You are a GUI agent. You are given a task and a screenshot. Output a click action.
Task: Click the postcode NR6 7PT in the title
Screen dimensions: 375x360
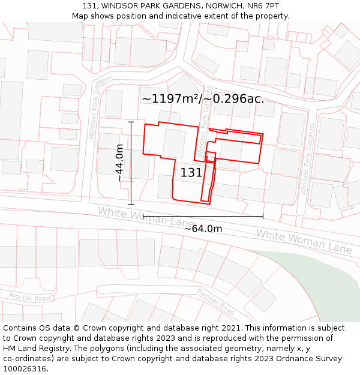click(x=262, y=5)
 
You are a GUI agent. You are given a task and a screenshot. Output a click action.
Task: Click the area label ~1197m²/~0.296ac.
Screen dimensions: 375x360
click(x=203, y=98)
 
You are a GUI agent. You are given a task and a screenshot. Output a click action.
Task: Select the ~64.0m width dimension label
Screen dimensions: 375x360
click(x=203, y=229)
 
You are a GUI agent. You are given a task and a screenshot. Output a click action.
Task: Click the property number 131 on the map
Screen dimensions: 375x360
click(x=191, y=173)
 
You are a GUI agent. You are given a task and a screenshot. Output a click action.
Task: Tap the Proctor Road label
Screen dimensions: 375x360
click(x=30, y=297)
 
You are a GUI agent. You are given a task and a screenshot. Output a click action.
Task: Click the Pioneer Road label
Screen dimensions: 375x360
click(x=216, y=301)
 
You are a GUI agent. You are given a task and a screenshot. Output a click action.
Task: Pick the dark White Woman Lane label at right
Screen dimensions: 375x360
click(x=304, y=240)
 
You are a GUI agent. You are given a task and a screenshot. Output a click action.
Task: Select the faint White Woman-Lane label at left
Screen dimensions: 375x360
click(x=146, y=217)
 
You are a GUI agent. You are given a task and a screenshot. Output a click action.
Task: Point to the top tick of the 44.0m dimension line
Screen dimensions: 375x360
click(x=130, y=122)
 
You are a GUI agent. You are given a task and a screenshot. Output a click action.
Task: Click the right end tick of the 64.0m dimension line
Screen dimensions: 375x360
click(x=263, y=217)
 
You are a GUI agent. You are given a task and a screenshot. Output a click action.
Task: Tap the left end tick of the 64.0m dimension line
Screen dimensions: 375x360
click(x=143, y=217)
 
